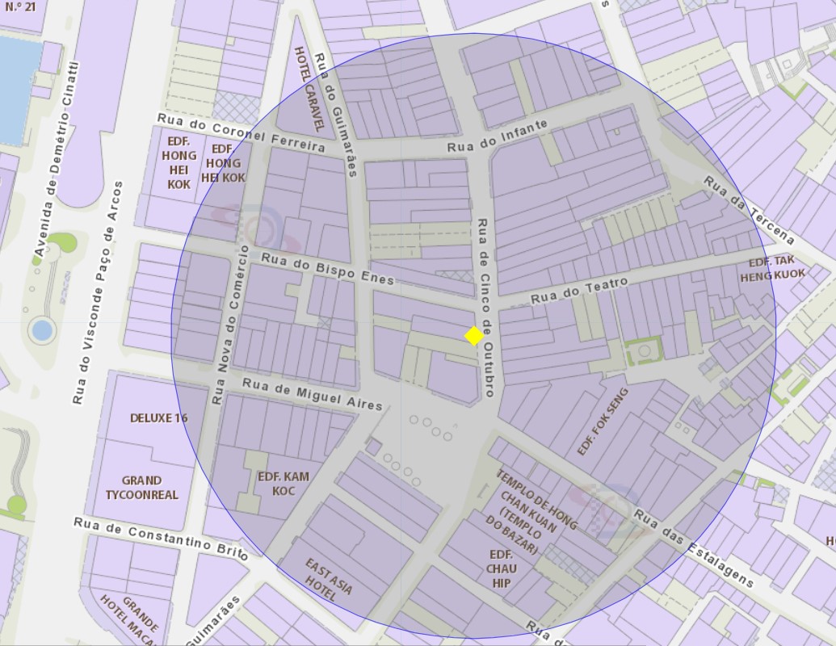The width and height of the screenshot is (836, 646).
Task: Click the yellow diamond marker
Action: (474, 335)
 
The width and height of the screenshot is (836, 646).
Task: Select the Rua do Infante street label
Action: (498, 136)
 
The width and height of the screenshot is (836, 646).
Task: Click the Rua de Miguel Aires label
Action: (313, 394)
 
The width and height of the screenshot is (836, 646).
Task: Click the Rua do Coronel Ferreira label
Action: (241, 132)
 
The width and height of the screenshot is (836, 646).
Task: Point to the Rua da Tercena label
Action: (748, 209)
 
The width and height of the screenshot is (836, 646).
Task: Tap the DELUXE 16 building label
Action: (158, 417)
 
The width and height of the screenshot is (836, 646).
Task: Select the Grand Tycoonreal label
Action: (142, 487)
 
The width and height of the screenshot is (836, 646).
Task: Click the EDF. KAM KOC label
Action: (283, 484)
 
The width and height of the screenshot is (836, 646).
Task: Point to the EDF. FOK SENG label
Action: (603, 422)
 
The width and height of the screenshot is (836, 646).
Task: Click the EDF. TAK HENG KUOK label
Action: (772, 268)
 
